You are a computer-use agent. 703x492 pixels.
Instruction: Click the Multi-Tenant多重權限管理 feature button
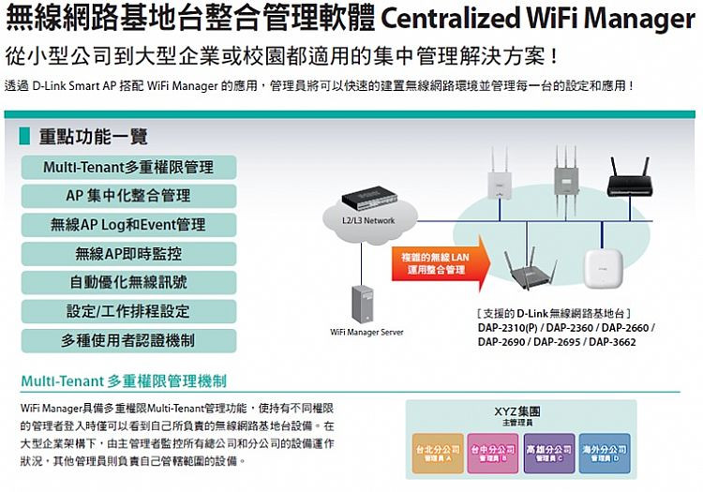128,167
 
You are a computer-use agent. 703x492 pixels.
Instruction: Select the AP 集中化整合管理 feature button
128,196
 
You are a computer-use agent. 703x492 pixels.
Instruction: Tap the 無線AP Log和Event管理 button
128,225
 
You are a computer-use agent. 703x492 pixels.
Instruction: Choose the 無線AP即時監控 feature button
128,254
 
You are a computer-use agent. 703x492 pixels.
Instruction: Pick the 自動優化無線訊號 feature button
128,282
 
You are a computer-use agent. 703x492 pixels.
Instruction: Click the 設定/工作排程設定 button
128,311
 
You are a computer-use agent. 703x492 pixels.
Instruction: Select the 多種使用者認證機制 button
128,340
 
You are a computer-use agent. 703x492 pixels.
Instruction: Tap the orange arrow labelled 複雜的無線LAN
436,261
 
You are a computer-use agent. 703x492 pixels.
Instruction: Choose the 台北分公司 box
438,454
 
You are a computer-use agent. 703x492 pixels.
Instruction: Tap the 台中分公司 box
492,454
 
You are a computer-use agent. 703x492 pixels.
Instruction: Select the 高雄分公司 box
549,454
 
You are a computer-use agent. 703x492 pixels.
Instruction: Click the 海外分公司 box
605,454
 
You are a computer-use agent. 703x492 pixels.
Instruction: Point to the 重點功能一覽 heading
93,137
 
